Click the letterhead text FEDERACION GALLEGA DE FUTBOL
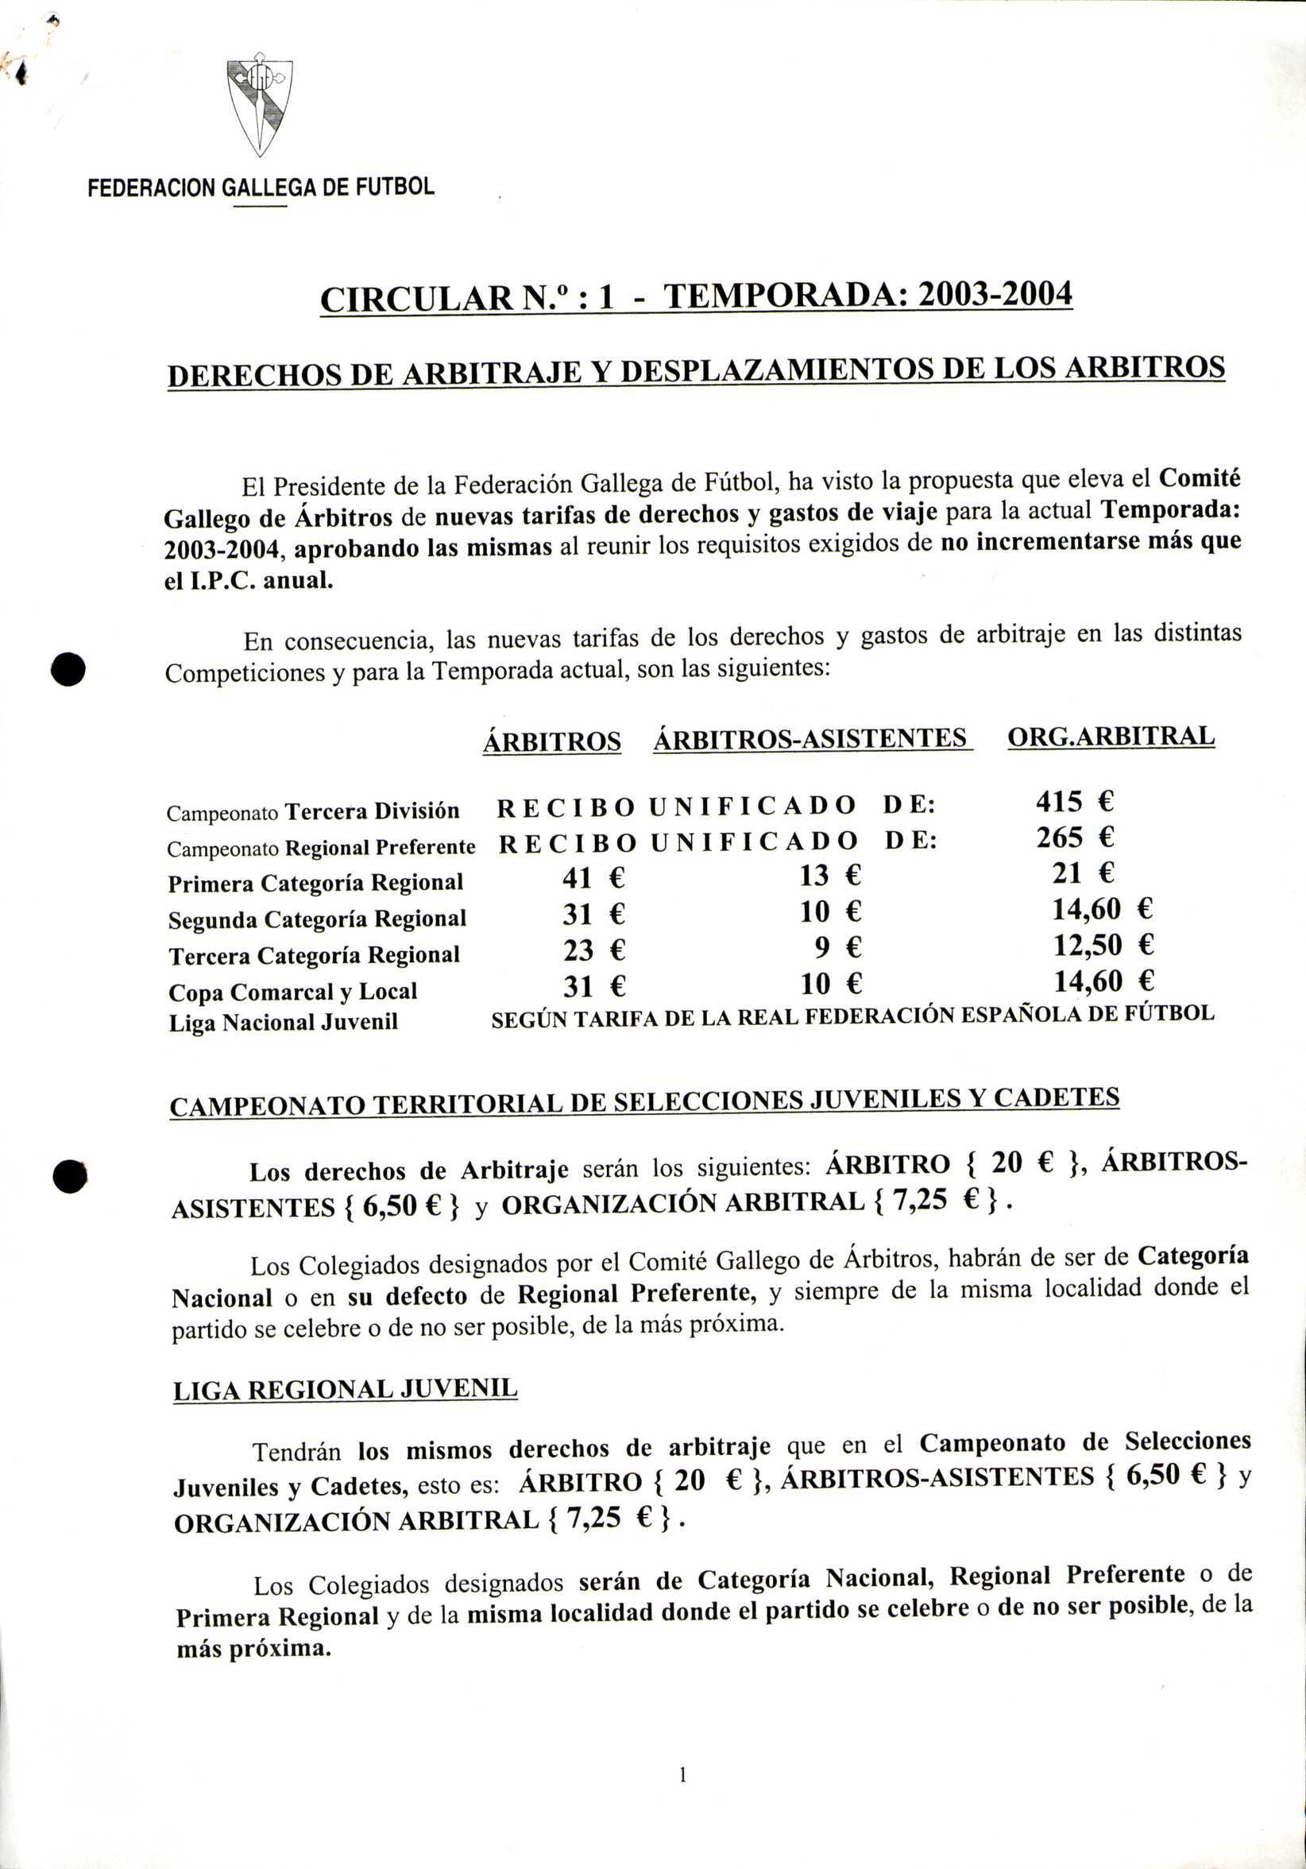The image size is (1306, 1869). pos(261,188)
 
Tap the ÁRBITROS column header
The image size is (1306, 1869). pos(551,741)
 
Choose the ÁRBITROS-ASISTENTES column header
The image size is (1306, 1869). pos(810,738)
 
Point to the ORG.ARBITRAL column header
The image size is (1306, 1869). pos(1111,736)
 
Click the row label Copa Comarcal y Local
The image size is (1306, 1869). pos(293,993)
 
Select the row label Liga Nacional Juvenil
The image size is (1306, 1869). pos(283,1023)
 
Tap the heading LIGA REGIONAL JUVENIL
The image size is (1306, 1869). pos(345,1390)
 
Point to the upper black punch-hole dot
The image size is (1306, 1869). pos(69,669)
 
